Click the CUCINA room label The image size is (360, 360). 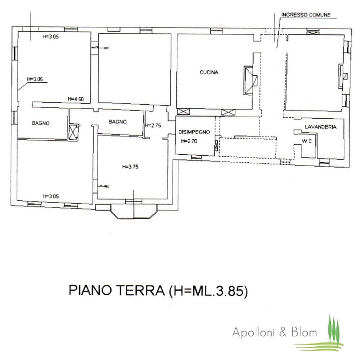(209, 72)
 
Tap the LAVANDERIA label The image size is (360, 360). (321, 127)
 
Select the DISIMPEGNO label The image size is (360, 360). (194, 132)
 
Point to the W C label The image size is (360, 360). (307, 141)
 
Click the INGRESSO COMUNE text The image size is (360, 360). (306, 15)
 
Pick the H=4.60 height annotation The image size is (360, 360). (76, 99)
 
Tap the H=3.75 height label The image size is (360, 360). (130, 167)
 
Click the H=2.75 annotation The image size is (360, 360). (153, 126)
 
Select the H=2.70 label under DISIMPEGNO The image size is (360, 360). (189, 141)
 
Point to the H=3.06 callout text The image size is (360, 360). (35, 79)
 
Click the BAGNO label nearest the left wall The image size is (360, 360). (41, 123)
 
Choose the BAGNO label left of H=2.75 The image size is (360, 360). (118, 122)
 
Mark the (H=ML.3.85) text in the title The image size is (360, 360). (208, 291)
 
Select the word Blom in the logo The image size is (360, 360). (304, 332)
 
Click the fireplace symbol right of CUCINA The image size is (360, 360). (250, 80)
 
